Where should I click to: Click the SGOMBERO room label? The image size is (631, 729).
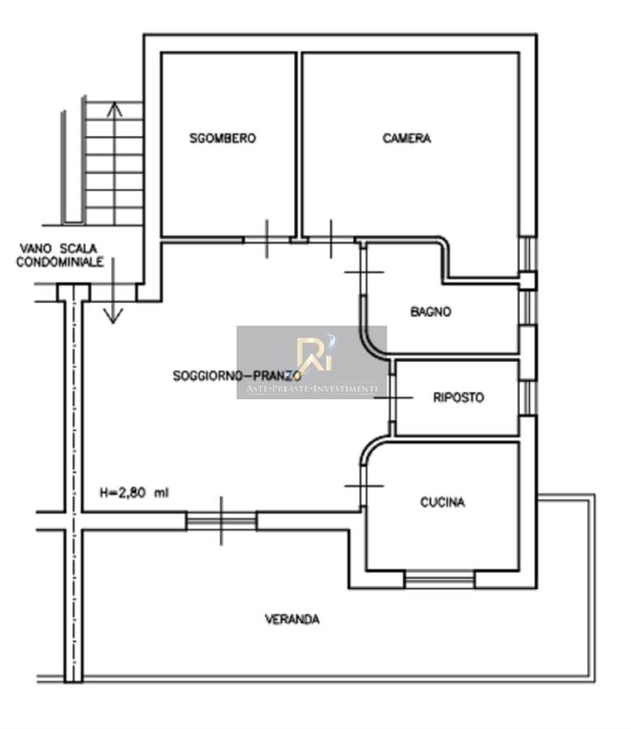click(222, 138)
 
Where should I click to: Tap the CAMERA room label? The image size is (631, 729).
click(407, 138)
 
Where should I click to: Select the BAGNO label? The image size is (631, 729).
click(431, 312)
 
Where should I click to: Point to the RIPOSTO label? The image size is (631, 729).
click(458, 398)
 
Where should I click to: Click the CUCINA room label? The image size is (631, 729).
click(442, 502)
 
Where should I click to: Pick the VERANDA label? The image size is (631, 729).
click(292, 620)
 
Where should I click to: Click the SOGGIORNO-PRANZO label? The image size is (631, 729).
click(237, 375)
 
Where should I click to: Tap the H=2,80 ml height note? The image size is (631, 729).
click(134, 492)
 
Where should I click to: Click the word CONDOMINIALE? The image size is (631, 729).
click(60, 262)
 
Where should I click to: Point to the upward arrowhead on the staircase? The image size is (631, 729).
click(114, 109)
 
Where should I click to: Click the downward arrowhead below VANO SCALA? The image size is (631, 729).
click(113, 315)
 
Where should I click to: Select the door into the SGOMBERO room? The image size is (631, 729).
click(267, 240)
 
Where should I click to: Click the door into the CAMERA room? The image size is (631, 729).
click(331, 240)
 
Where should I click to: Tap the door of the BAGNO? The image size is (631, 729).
click(363, 272)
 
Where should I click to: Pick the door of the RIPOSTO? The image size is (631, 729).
click(393, 398)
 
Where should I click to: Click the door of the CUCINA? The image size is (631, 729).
click(363, 486)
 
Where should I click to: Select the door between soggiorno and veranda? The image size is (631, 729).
click(221, 521)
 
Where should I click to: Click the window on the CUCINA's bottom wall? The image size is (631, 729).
click(439, 580)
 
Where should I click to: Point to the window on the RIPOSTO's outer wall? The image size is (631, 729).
click(528, 398)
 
